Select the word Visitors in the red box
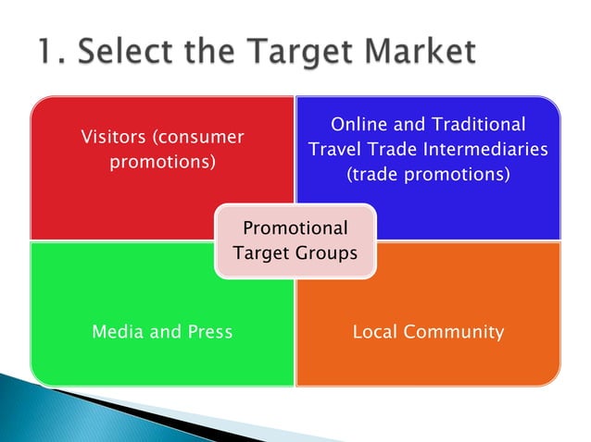click(x=114, y=138)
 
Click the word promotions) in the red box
click(x=163, y=163)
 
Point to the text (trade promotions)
click(x=428, y=173)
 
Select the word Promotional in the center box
click(x=295, y=228)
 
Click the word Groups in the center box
click(x=326, y=252)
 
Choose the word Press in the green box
click(x=208, y=331)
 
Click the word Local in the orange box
click(x=375, y=331)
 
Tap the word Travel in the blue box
click(x=333, y=149)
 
